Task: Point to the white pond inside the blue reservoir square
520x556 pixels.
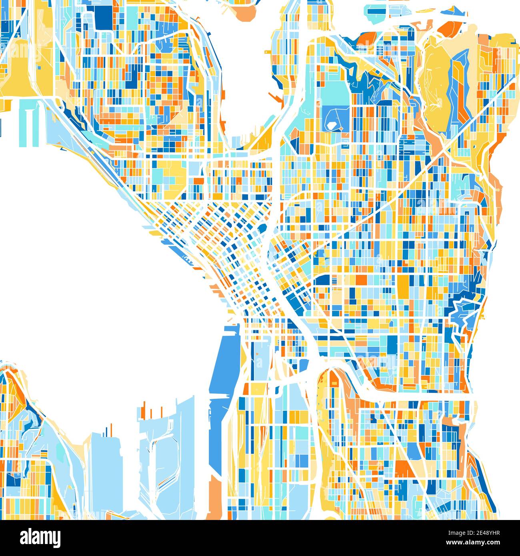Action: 331,125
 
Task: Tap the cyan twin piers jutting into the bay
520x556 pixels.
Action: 28,120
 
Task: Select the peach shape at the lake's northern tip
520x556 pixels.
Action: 245,14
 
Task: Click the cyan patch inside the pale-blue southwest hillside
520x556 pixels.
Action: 60,452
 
